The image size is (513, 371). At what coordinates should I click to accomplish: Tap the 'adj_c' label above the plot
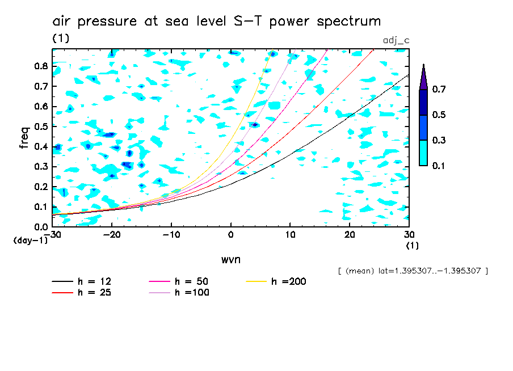(x=395, y=41)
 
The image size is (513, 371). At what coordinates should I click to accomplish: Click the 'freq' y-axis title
(x=24, y=138)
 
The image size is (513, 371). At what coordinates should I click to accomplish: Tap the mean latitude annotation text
(x=413, y=271)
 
